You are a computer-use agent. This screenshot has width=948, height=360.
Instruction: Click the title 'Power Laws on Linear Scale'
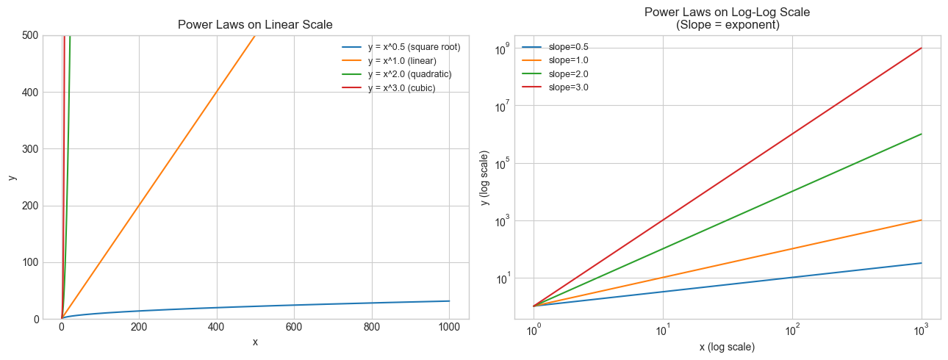(x=255, y=24)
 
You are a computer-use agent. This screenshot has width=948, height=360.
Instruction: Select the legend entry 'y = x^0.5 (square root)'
(x=414, y=47)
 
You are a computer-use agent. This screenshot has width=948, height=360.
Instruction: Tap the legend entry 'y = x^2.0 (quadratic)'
(x=409, y=74)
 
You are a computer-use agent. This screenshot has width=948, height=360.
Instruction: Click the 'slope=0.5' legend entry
(x=569, y=47)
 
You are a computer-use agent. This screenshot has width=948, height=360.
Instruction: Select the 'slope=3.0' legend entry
(x=569, y=87)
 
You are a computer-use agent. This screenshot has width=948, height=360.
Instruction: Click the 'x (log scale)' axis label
(x=727, y=346)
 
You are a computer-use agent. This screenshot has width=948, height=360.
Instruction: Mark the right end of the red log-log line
(x=922, y=48)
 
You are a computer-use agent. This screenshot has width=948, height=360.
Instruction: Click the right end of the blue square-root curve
(x=449, y=300)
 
